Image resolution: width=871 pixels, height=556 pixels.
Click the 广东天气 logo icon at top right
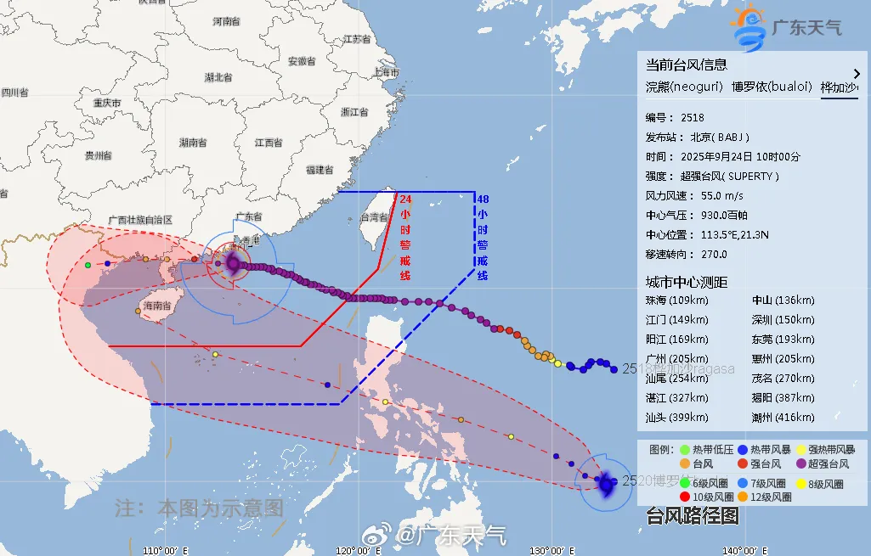[748, 28]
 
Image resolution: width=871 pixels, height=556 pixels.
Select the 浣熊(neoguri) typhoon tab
[684, 87]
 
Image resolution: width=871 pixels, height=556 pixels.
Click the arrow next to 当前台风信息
[857, 74]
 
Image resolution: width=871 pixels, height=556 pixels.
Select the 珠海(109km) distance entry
[676, 300]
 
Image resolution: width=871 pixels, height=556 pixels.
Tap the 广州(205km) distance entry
[676, 358]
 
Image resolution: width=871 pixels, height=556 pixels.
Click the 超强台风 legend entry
[823, 463]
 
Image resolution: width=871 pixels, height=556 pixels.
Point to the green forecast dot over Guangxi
[88, 266]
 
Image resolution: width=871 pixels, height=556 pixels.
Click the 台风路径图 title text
[693, 515]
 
